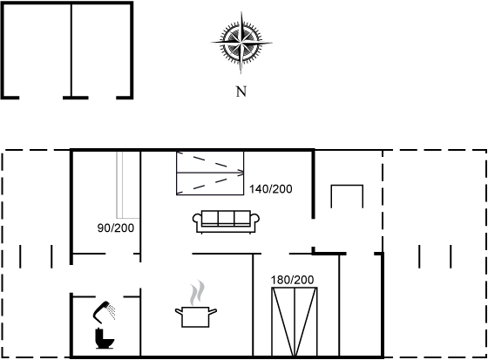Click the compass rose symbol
point(241,43)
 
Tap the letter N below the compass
point(241,92)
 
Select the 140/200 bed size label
point(271,189)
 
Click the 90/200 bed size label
point(116,228)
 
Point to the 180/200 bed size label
point(292,280)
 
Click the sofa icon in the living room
point(226,221)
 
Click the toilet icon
point(104,338)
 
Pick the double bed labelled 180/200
point(295,322)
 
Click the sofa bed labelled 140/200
point(210,173)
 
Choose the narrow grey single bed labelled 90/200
point(128,185)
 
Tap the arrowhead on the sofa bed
point(241,173)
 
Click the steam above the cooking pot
point(197,293)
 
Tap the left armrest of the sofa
point(197,219)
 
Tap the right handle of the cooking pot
point(213,311)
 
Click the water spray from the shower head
point(112,312)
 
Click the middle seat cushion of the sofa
point(226,217)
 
